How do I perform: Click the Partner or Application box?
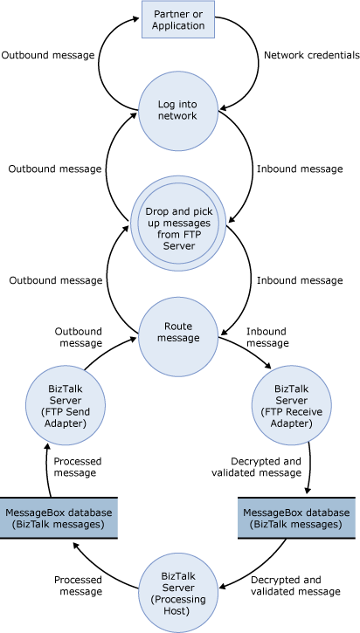[179, 20]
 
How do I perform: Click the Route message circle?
[179, 332]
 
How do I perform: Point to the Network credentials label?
[311, 55]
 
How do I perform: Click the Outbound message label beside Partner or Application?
[49, 55]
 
